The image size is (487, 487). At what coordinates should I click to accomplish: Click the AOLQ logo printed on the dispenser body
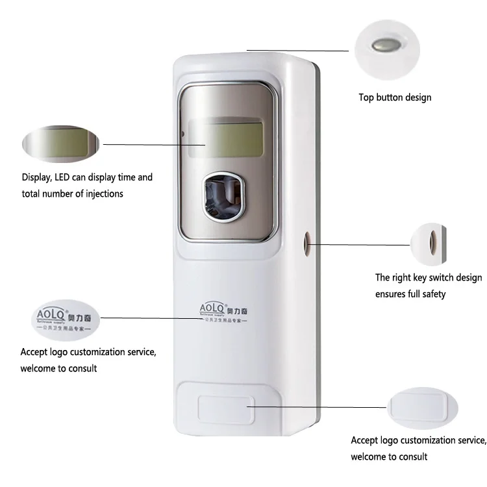click(224, 308)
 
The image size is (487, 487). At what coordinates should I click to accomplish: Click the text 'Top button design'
click(395, 97)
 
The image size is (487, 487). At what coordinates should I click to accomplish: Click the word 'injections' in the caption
click(101, 194)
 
